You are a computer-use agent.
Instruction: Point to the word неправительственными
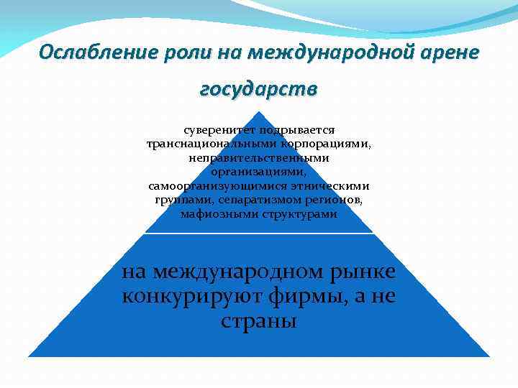tap(259, 158)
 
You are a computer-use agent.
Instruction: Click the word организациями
tap(259, 172)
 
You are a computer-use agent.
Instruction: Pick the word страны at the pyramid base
tap(259, 320)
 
